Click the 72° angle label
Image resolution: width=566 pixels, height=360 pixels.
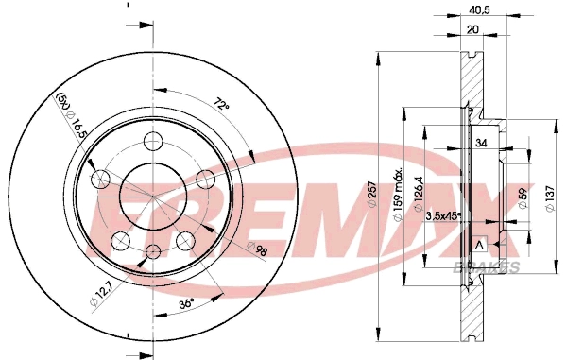(x=221, y=104)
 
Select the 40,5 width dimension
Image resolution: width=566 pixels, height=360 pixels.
(x=478, y=10)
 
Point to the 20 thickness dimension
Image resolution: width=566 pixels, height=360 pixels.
(x=472, y=29)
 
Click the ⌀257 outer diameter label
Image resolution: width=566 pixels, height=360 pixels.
(x=371, y=194)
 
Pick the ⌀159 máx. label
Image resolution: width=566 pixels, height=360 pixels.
(x=398, y=195)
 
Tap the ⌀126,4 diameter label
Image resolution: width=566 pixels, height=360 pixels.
(x=419, y=194)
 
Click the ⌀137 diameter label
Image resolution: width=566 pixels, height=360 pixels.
(x=550, y=199)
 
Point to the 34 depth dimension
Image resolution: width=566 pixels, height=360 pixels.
(x=481, y=143)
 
